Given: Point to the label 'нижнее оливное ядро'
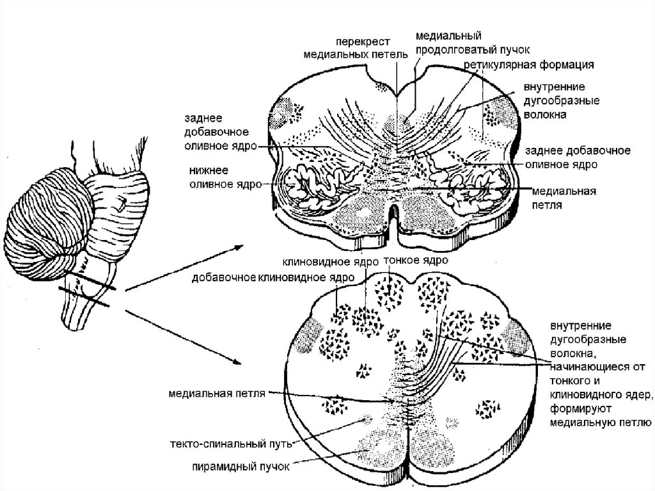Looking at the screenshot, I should [225, 178].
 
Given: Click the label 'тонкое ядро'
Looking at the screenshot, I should [415, 261].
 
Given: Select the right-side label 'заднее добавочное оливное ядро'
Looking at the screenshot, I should [578, 157].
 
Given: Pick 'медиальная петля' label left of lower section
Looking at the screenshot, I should [217, 393].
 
